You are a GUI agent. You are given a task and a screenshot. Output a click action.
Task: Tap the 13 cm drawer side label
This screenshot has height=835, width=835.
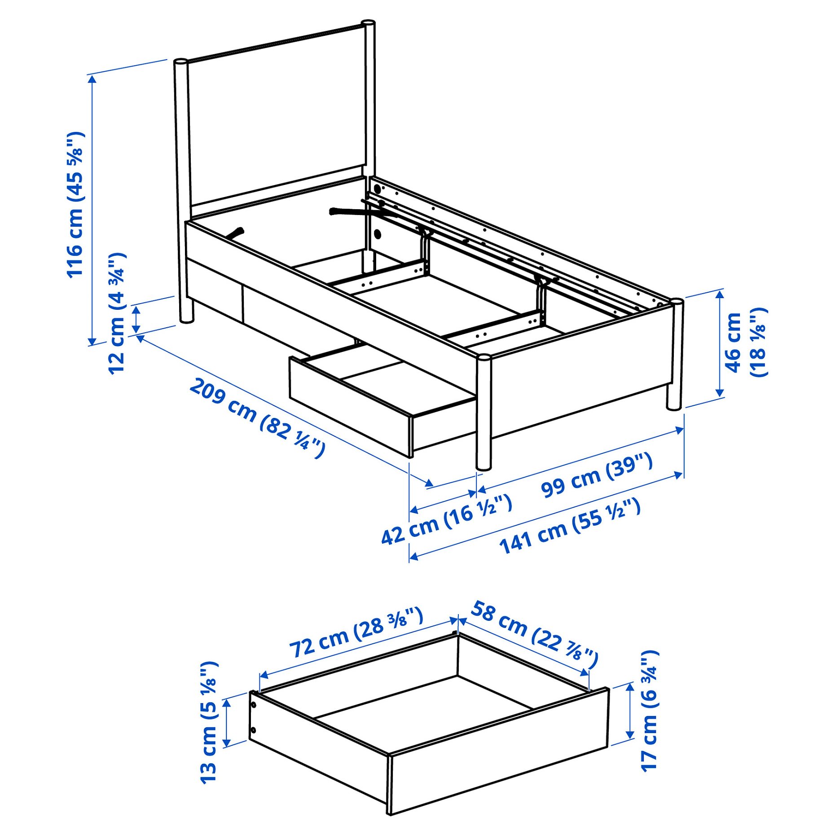point(209,723)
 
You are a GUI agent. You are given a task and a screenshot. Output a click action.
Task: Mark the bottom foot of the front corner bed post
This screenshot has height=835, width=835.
point(483,467)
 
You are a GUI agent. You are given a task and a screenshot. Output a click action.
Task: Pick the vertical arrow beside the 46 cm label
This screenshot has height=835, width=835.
point(720,344)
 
